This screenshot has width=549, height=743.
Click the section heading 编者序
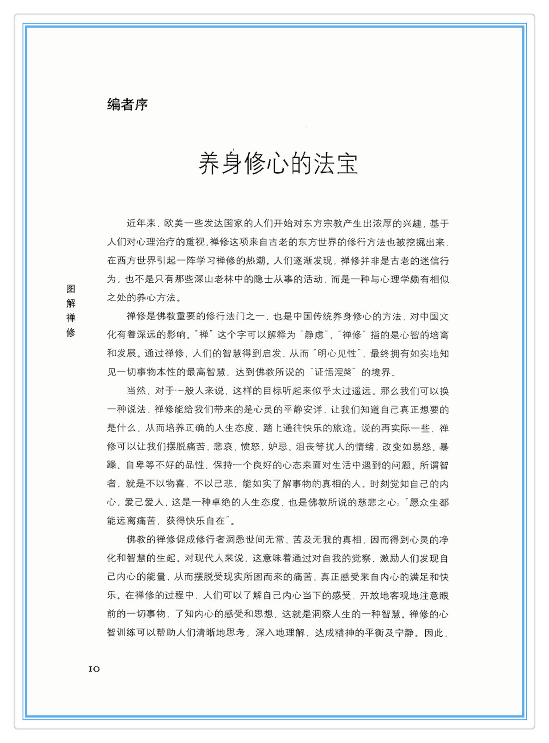[x=128, y=104]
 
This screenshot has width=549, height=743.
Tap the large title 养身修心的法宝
[x=278, y=164]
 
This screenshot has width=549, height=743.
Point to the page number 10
[x=94, y=669]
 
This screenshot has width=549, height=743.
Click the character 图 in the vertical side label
[x=71, y=289]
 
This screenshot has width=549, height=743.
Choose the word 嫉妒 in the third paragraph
[x=278, y=447]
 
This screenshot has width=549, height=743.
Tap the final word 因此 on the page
[x=434, y=633]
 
